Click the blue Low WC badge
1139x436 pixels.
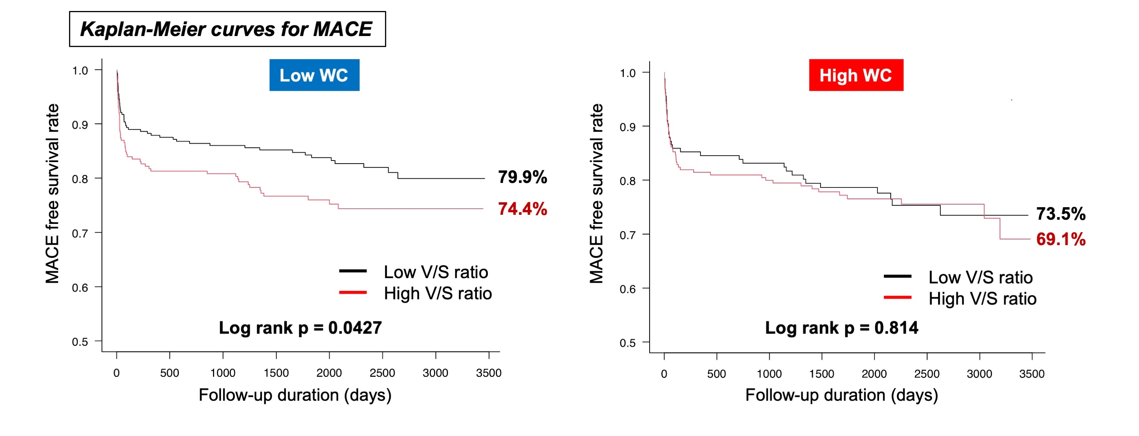[x=314, y=75]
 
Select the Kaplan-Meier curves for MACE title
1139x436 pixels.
[x=227, y=29]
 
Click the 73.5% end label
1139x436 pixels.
[x=1060, y=214]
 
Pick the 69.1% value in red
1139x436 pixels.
[x=1060, y=239]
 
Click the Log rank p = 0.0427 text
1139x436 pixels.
[x=300, y=328]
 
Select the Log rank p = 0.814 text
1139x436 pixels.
[x=841, y=328]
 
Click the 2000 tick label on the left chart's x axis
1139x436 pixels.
[x=329, y=373]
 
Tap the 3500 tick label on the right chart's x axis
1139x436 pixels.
[x=1032, y=374]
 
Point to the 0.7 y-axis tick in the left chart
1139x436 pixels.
[x=80, y=233]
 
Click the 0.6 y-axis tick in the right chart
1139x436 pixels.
[x=628, y=290]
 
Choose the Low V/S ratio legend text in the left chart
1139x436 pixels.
[x=435, y=272]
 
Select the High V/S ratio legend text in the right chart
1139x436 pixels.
[x=982, y=299]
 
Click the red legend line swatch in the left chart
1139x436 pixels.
[x=352, y=293]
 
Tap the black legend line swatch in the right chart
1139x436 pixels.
[x=897, y=277]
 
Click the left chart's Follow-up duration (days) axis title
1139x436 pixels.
[x=295, y=395]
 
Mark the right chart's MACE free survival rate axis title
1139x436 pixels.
[x=596, y=194]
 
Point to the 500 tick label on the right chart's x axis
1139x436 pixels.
[x=716, y=374]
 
